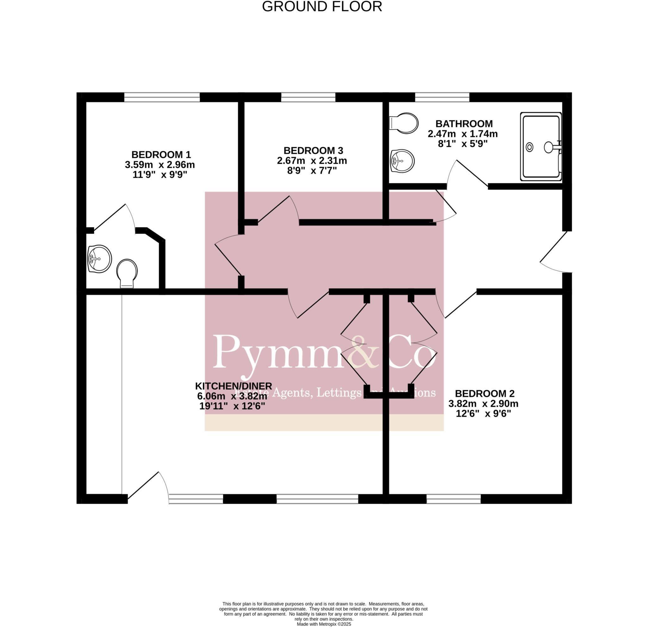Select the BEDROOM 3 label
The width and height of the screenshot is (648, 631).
click(313, 150)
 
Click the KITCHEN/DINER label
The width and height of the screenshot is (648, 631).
click(233, 386)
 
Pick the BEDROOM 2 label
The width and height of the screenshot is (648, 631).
click(484, 394)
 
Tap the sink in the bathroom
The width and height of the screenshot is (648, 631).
click(402, 161)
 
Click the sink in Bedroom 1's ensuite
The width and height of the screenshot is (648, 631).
click(99, 259)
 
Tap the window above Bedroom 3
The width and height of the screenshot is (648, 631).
click(308, 97)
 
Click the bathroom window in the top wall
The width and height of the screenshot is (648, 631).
click(442, 97)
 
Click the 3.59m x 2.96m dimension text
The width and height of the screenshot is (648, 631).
click(159, 165)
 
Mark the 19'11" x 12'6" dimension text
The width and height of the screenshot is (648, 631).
click(232, 406)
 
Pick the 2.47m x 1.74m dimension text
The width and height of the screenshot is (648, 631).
click(463, 134)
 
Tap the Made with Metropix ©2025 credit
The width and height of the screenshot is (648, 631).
click(324, 624)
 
